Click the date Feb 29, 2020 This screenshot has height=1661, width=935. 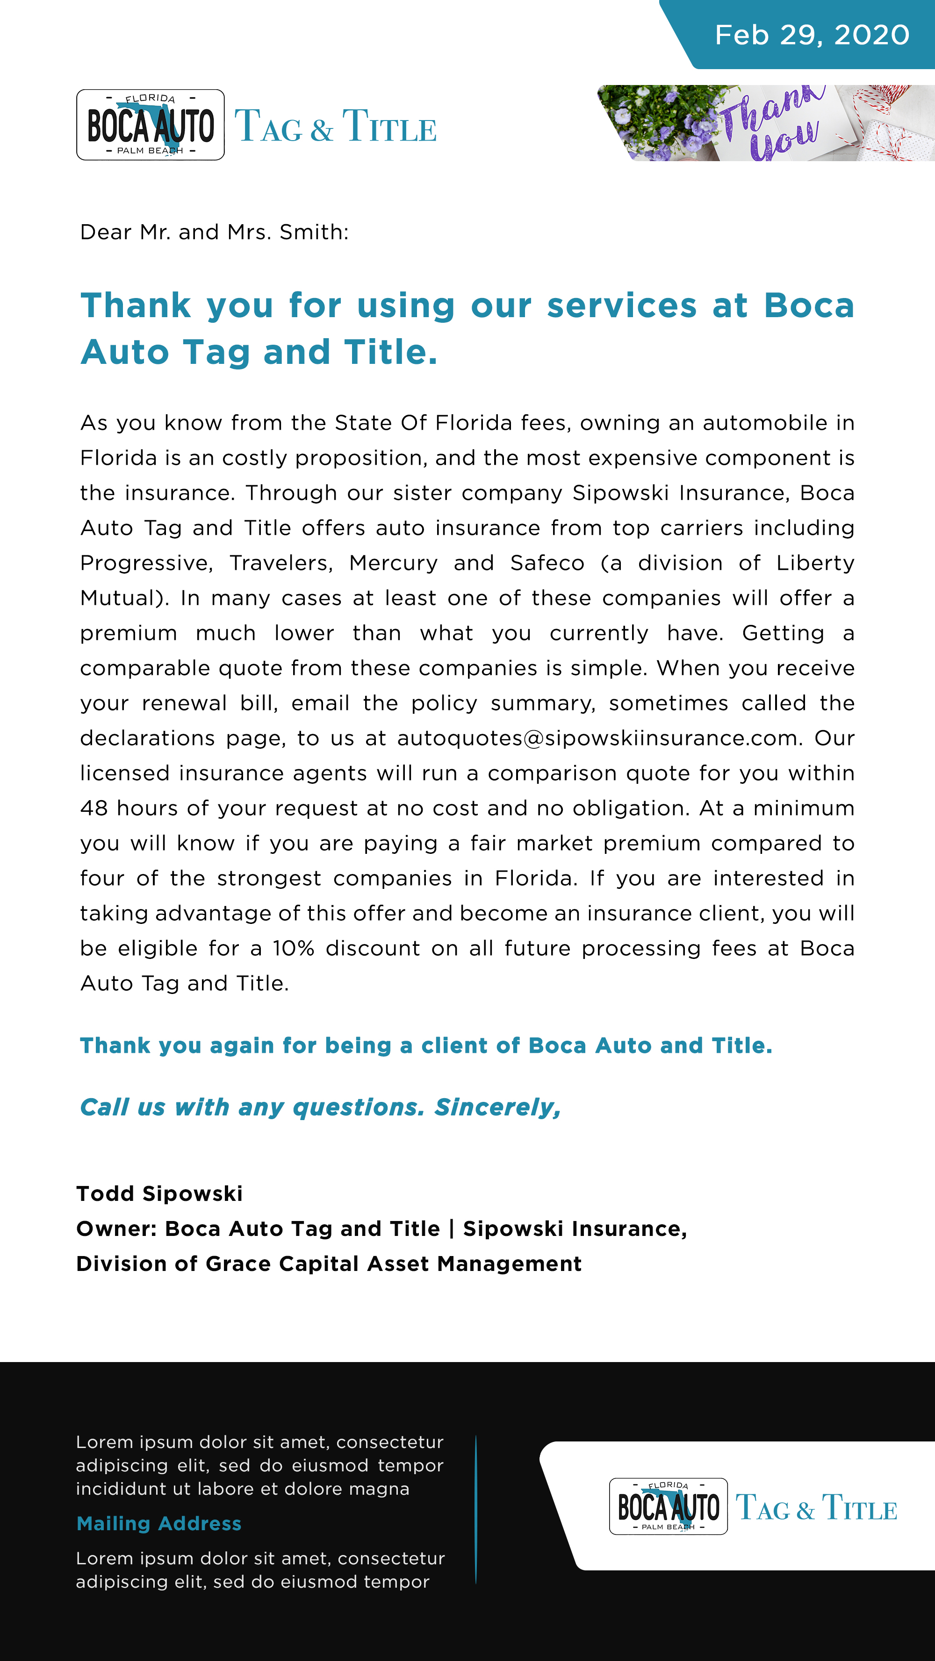click(812, 35)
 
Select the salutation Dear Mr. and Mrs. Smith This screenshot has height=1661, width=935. click(214, 232)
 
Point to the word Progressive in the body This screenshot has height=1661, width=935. click(146, 563)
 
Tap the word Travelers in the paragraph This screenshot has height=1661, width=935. click(280, 563)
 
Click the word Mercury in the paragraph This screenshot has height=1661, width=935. click(393, 563)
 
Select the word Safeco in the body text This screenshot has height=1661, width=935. click(547, 563)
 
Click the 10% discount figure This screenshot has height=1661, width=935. click(293, 949)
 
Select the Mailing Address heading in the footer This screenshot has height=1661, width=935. click(159, 1524)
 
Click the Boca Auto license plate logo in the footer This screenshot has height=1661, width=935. click(668, 1507)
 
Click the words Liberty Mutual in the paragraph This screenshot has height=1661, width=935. click(815, 563)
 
